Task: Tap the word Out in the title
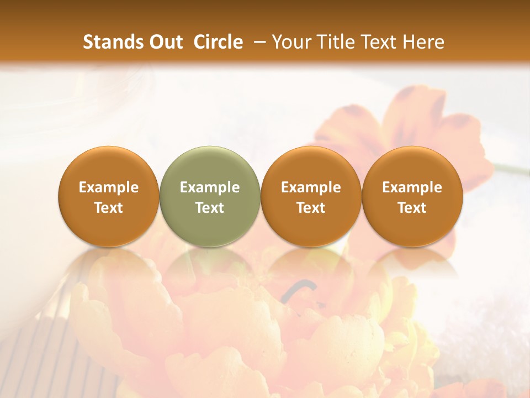pos(164,42)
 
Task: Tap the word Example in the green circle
pos(210,187)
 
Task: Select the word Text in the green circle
pos(210,208)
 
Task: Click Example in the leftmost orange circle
pos(109,187)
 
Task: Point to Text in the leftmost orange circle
pos(109,208)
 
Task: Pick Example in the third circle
pos(311,187)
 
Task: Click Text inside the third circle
pos(311,208)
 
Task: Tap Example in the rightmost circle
pos(412,187)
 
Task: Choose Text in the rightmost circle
pos(412,208)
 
